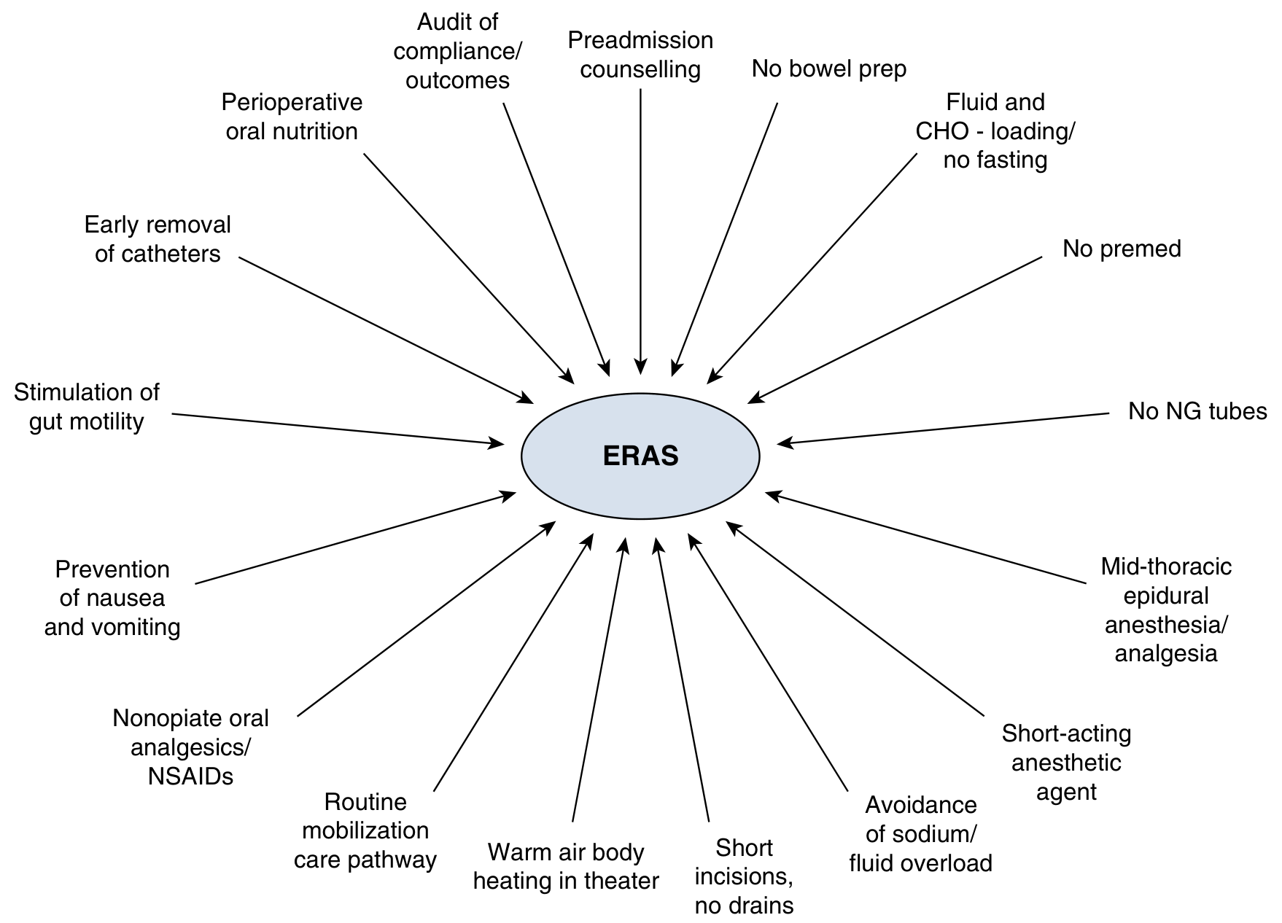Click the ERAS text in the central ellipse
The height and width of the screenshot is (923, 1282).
[x=640, y=456]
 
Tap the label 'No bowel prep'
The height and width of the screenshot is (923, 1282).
[x=829, y=69]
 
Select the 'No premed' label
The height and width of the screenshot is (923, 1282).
[x=1122, y=249]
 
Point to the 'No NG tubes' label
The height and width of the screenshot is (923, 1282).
[x=1197, y=411]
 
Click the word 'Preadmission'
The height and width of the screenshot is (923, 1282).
[x=640, y=40]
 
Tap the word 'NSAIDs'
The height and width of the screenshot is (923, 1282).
[x=190, y=776]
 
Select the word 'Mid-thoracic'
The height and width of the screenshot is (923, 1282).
[x=1165, y=566]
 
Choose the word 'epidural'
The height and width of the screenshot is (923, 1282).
[x=1165, y=596]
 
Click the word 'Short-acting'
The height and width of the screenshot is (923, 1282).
[x=1066, y=733]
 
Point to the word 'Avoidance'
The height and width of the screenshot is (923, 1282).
[x=920, y=805]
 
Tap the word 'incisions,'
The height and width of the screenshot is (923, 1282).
[x=744, y=876]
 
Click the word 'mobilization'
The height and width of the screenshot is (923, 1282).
[x=365, y=830]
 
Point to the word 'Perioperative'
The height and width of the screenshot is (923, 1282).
[x=292, y=102]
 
